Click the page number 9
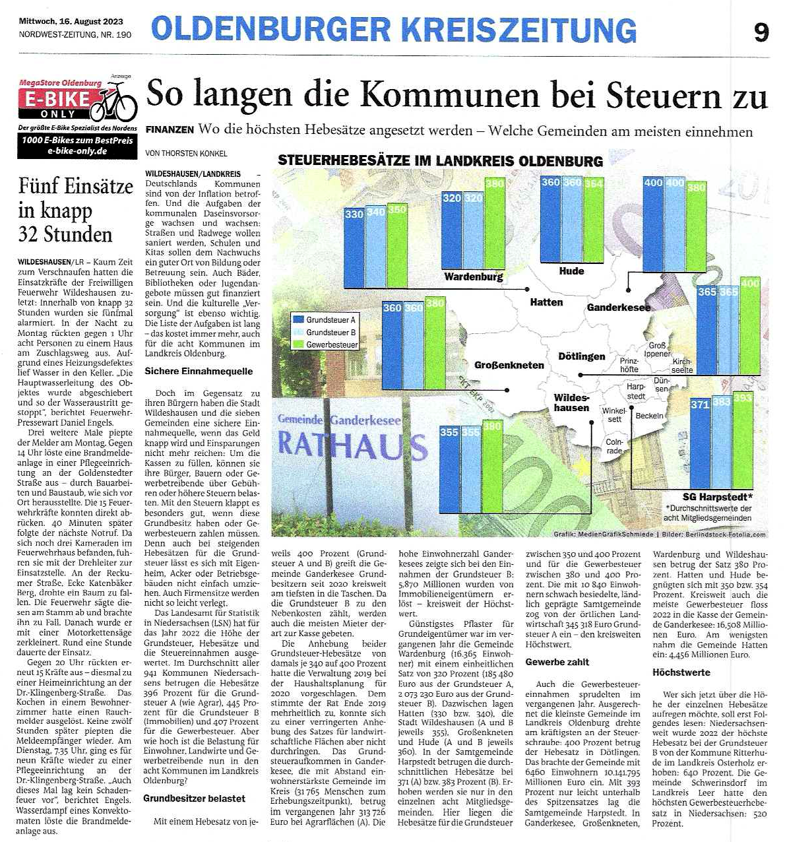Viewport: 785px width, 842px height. tap(761, 32)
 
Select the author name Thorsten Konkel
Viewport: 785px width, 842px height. tap(181, 153)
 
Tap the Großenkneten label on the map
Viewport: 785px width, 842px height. tap(509, 365)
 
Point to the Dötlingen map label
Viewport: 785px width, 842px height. tap(581, 356)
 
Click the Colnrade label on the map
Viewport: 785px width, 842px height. tap(614, 446)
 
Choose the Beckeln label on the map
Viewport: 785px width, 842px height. tap(649, 416)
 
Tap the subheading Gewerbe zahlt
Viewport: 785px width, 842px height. tap(557, 662)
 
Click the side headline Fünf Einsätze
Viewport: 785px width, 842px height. tap(75, 186)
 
